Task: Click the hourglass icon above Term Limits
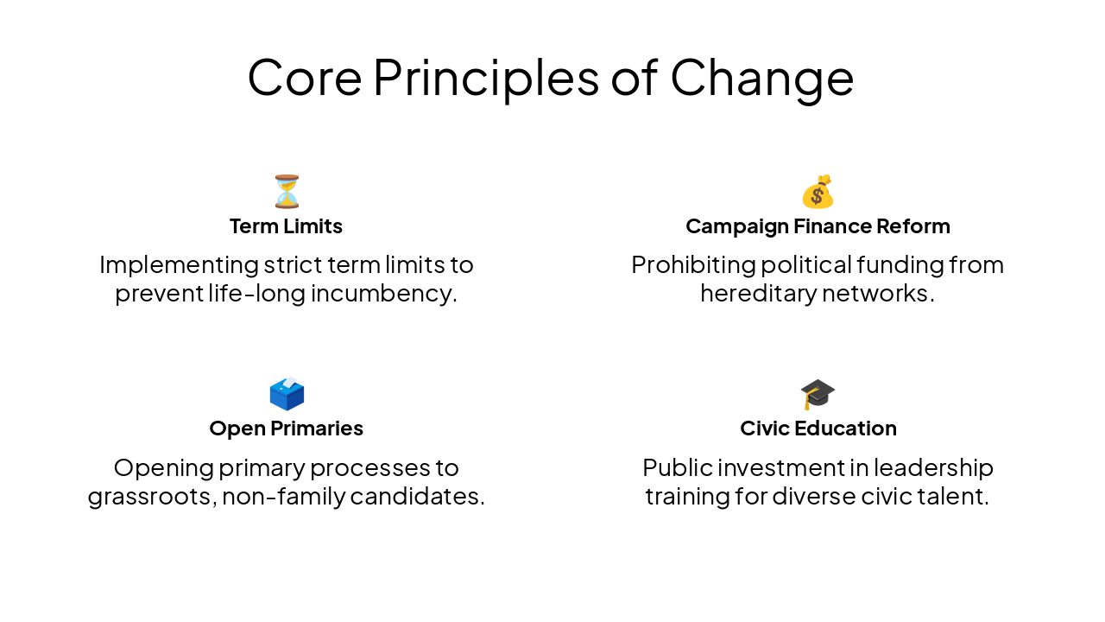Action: pyautogui.click(x=287, y=192)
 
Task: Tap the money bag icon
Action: pyautogui.click(x=818, y=192)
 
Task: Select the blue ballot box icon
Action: pyautogui.click(x=287, y=394)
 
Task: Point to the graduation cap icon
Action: pyautogui.click(x=818, y=394)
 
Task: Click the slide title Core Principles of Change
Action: pyautogui.click(x=551, y=77)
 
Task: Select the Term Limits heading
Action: pyautogui.click(x=286, y=226)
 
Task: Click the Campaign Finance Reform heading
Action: pyautogui.click(x=818, y=226)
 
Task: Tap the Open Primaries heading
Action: pyautogui.click(x=286, y=428)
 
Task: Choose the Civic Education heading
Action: pyautogui.click(x=818, y=428)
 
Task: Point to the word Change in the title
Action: pyautogui.click(x=762, y=77)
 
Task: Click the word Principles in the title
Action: pyautogui.click(x=486, y=77)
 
